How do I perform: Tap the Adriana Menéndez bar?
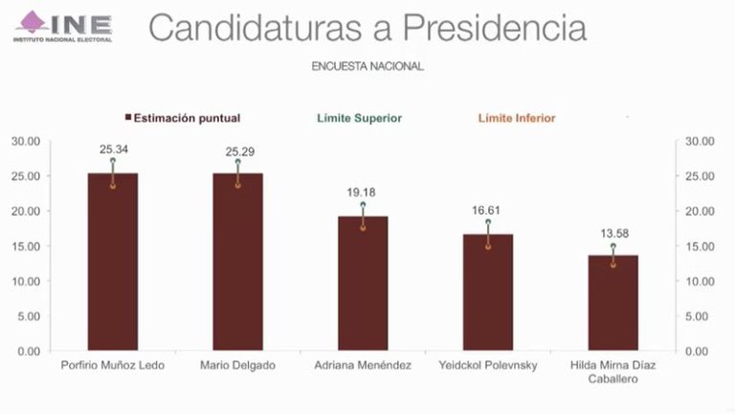coord(363,284)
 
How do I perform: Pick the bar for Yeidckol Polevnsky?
coord(488,292)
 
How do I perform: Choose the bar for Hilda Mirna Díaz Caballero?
coord(612,303)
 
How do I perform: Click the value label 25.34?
coord(113,149)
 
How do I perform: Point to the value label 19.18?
coord(363,192)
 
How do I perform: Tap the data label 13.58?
coord(612,231)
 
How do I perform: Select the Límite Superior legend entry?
coord(359,118)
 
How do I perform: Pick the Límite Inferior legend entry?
coord(517,118)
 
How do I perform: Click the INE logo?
coord(63,26)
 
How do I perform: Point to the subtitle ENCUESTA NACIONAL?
coord(367,67)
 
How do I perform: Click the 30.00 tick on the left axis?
coord(26,141)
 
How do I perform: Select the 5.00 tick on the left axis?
coord(29,316)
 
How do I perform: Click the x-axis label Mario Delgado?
coord(237,366)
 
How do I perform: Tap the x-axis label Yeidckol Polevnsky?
coord(488,366)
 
